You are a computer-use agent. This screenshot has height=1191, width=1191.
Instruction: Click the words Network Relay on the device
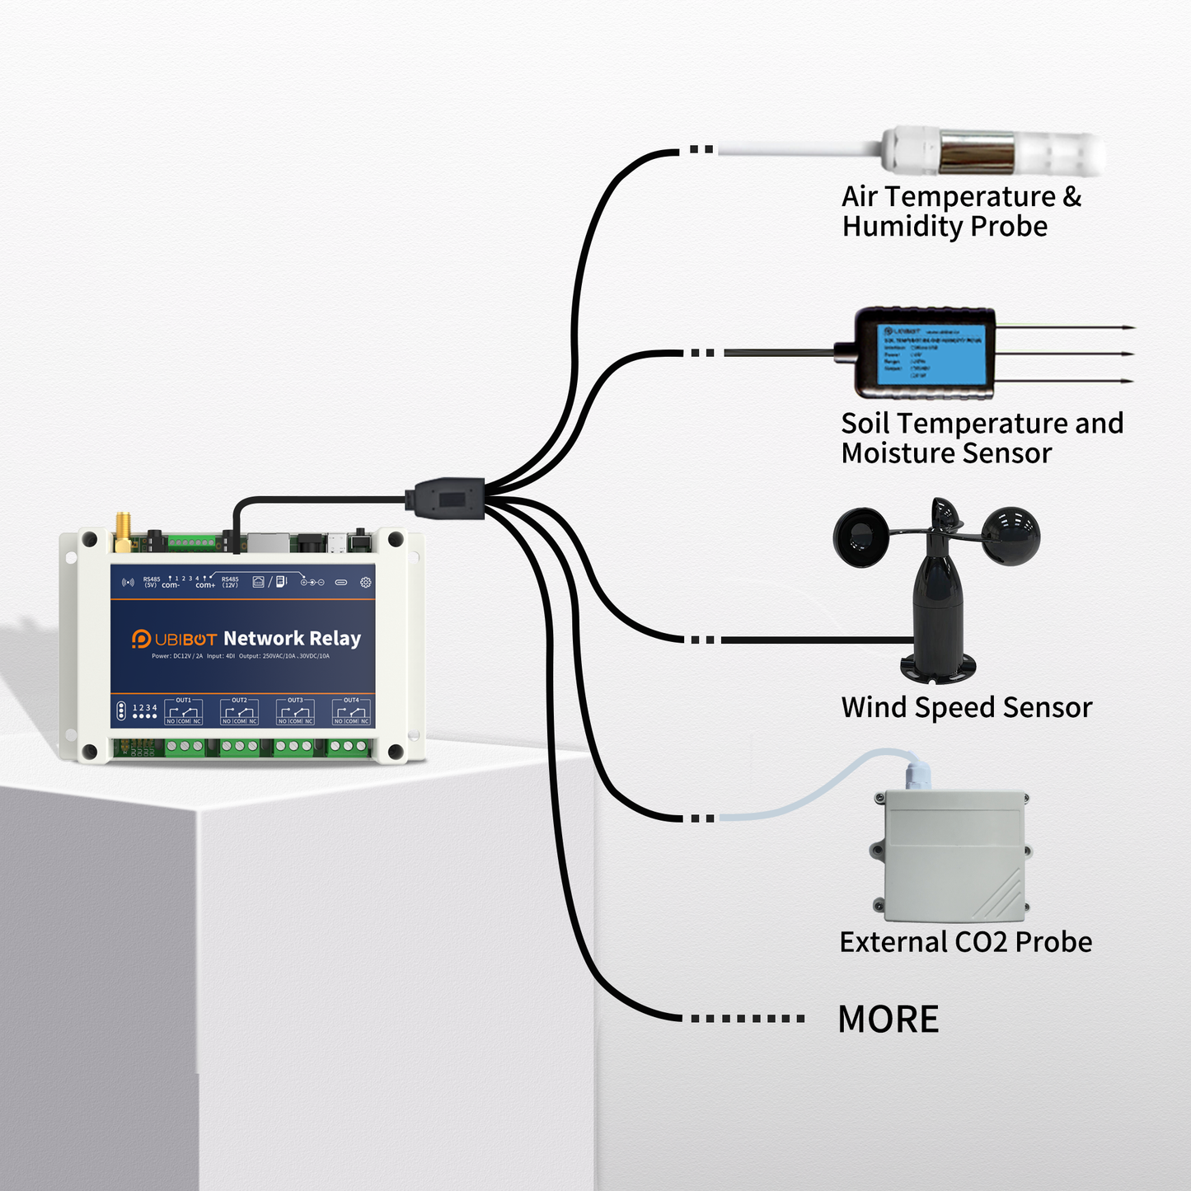(292, 639)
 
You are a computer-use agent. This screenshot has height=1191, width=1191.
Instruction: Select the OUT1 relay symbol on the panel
(184, 711)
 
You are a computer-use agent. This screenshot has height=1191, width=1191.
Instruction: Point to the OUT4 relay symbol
(351, 711)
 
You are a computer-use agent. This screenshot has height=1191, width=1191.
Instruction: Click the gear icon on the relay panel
(365, 582)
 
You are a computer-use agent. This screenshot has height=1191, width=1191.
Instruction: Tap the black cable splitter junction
(445, 498)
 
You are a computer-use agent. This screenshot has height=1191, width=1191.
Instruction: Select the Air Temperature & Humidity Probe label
(960, 211)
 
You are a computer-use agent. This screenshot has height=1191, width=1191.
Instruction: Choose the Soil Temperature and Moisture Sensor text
(981, 438)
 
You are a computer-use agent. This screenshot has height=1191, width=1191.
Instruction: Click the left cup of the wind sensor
(862, 537)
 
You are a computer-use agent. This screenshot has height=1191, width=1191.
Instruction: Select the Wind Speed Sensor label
(966, 707)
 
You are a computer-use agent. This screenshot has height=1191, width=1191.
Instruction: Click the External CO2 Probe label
(965, 942)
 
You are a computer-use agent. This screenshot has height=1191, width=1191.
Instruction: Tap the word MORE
(888, 1020)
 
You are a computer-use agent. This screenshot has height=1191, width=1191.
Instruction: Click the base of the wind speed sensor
(939, 667)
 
